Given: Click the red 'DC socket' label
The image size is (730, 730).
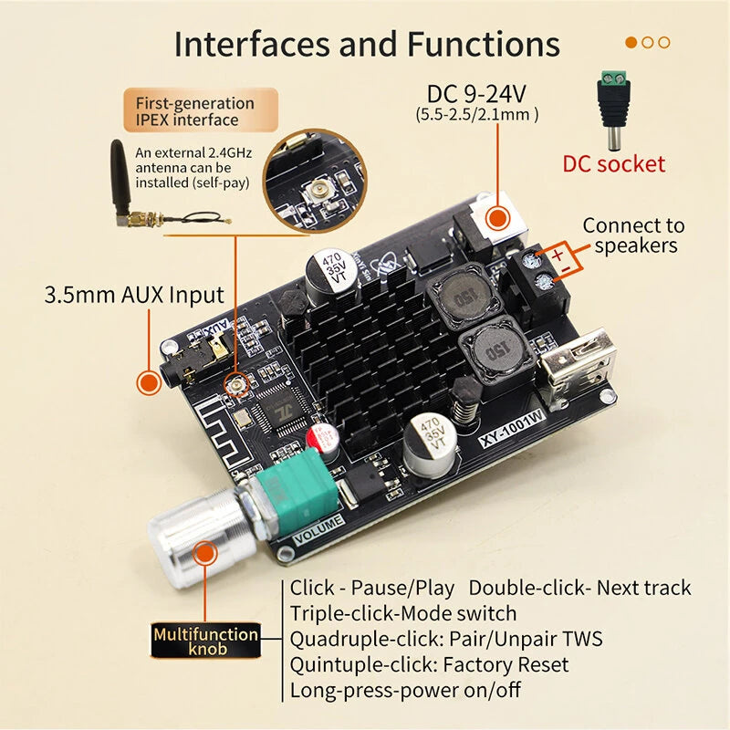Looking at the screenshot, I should (613, 164).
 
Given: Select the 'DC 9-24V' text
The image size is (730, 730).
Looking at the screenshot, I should (477, 94).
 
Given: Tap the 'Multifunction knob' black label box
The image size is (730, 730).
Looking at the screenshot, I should (205, 641).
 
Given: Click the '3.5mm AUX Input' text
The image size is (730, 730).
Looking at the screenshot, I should (134, 295).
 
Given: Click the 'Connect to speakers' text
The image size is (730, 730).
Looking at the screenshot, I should (633, 235).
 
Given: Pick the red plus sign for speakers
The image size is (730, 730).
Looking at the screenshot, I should (557, 255).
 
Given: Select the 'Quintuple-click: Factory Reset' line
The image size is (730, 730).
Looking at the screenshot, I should (429, 664).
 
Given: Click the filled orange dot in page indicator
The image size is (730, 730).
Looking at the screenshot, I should (631, 42).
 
